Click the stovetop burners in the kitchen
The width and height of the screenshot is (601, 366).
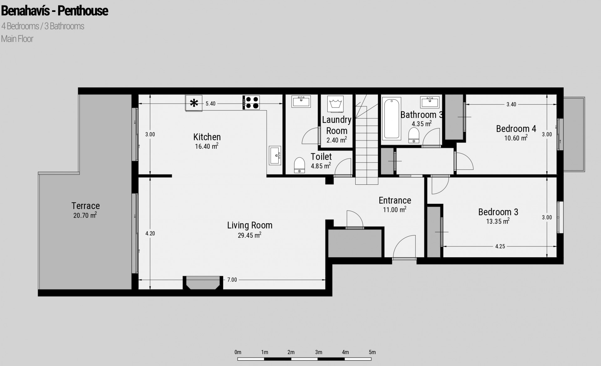tap(251, 103)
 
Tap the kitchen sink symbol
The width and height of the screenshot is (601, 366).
tap(275, 155)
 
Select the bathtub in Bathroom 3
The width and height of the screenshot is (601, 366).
tap(391, 118)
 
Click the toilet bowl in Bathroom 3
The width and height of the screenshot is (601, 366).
tap(414, 135)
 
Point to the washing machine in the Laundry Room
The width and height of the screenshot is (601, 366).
tap(336, 104)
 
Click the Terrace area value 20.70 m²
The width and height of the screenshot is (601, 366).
tap(85, 215)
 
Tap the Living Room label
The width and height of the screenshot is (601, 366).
tap(250, 225)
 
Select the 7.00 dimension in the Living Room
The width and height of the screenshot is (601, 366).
tap(232, 280)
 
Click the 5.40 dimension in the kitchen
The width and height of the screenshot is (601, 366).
tap(210, 104)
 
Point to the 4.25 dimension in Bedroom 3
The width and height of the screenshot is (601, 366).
tap(500, 246)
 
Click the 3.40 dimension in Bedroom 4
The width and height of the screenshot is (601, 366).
tap(511, 104)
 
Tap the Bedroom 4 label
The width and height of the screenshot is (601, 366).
tap(516, 129)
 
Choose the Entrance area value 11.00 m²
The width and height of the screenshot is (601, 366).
tap(395, 209)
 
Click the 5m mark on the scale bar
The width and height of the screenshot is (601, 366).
tap(372, 352)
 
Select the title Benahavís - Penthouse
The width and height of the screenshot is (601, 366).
tap(55, 11)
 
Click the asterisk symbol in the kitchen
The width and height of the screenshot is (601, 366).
tap(194, 103)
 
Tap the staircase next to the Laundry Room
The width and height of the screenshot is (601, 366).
tap(367, 139)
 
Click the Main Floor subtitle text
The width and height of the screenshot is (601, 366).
tap(17, 39)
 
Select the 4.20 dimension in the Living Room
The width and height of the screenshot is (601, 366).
tap(150, 233)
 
